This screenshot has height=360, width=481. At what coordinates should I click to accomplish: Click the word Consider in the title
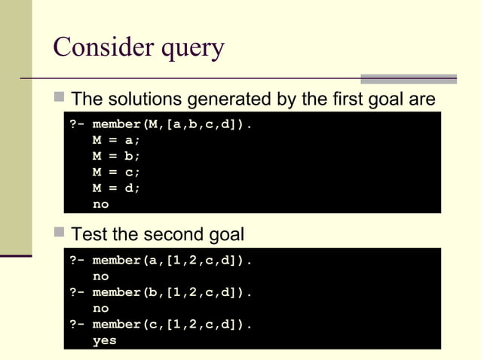100,47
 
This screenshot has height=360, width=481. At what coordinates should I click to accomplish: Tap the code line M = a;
116,140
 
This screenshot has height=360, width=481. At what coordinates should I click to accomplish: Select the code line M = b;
116,156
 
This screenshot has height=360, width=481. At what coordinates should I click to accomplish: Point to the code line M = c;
116,172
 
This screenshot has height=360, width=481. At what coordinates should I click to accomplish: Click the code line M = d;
116,188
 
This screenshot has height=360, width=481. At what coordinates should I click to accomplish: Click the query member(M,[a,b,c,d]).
172,124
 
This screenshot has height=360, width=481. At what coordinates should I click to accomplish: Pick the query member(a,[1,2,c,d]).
172,261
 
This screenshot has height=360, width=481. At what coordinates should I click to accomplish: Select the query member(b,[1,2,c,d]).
172,292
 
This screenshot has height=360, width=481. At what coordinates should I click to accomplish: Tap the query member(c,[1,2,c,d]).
172,325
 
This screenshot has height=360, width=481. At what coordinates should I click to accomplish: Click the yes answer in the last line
104,340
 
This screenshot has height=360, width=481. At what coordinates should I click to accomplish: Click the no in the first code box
100,204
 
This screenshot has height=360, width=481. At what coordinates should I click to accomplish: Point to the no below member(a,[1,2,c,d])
100,276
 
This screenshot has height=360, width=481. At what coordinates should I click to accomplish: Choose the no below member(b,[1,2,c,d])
100,308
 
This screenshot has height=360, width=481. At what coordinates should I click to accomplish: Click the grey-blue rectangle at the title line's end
408,78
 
